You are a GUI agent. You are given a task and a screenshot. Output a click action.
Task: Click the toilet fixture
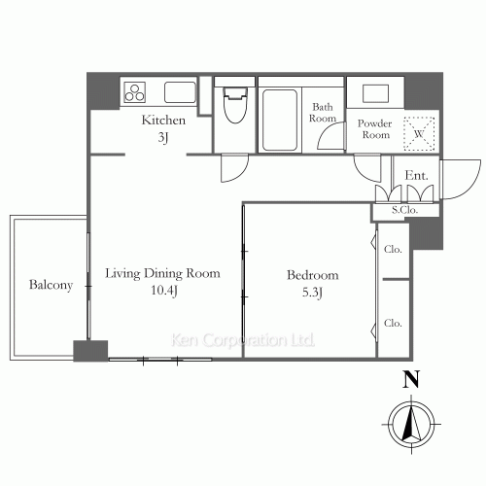(235, 105)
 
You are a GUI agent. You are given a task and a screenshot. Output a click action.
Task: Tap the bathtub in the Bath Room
(280, 121)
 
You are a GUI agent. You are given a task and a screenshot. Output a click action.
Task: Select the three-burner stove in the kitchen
(135, 92)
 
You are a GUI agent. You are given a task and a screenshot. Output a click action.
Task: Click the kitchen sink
(180, 92)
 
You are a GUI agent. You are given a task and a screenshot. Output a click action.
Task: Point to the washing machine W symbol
(419, 134)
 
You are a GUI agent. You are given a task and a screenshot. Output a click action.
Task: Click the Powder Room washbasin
(375, 93)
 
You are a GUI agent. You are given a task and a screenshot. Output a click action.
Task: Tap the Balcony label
(51, 285)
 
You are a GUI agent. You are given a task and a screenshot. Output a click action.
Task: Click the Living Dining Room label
(162, 273)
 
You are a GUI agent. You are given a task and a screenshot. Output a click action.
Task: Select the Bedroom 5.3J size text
(312, 293)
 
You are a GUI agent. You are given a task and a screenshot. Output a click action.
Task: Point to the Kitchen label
(163, 121)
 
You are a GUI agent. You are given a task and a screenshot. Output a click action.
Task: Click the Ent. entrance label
(416, 176)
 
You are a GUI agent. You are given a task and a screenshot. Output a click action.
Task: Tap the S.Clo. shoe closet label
(404, 210)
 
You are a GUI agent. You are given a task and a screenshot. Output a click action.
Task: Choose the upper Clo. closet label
(393, 249)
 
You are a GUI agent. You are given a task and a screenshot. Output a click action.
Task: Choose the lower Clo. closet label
(393, 323)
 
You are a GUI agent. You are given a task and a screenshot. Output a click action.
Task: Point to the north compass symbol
(411, 424)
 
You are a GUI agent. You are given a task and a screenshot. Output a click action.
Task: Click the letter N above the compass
(411, 379)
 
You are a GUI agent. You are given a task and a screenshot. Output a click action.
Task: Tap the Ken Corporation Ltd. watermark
(243, 340)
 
